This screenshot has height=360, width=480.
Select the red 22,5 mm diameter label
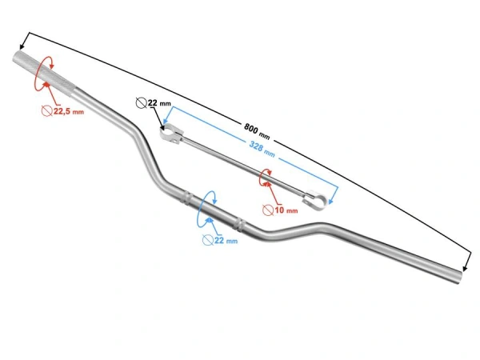click(68, 113)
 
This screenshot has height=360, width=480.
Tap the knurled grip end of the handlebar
click(38, 65)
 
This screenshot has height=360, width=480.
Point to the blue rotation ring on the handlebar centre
click(210, 206)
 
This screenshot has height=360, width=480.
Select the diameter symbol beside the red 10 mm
click(268, 210)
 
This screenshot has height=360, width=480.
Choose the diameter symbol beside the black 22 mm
click(142, 102)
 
